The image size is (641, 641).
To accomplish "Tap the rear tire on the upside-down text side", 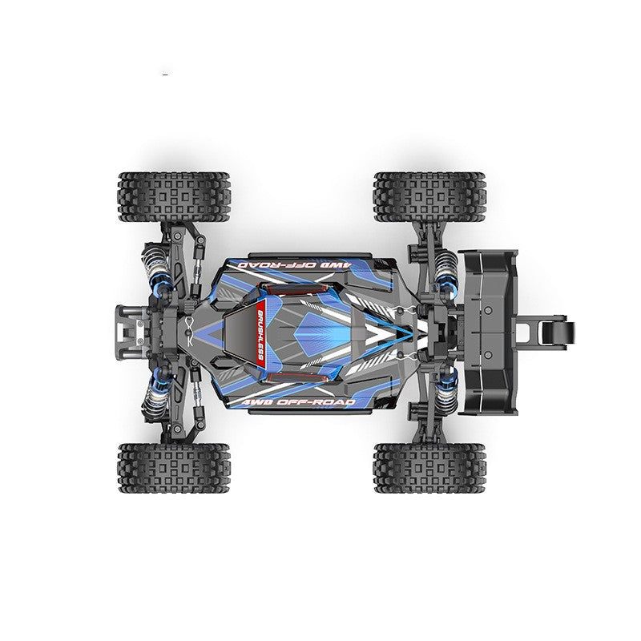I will point(429,196).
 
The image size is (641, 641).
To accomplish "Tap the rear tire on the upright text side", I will point(429,468).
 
